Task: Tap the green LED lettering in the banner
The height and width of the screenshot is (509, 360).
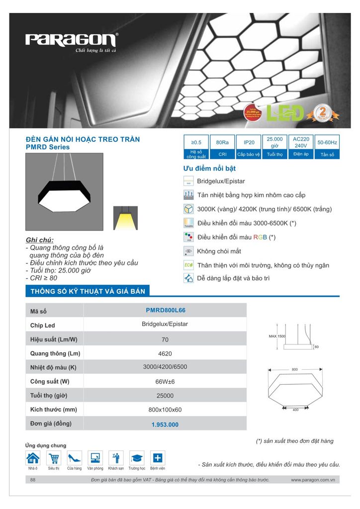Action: [285, 113]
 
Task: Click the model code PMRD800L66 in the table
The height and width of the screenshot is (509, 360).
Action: [166, 310]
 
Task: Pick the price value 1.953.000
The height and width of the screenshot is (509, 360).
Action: [165, 424]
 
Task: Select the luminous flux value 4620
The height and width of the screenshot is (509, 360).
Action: [165, 353]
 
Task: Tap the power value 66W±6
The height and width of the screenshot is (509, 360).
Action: [165, 382]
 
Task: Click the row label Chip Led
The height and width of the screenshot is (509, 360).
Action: [43, 325]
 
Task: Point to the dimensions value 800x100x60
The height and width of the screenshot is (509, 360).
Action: [165, 410]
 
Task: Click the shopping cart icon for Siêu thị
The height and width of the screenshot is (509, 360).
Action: [54, 458]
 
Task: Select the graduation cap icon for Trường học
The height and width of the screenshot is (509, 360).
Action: [137, 458]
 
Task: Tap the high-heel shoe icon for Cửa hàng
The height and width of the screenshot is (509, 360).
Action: [75, 458]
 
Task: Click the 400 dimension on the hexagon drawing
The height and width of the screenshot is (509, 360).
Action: [295, 410]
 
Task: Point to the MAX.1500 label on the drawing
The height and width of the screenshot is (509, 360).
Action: [277, 337]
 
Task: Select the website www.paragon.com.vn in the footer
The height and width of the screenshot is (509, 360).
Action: [313, 480]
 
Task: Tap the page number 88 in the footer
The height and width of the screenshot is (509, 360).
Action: [33, 480]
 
